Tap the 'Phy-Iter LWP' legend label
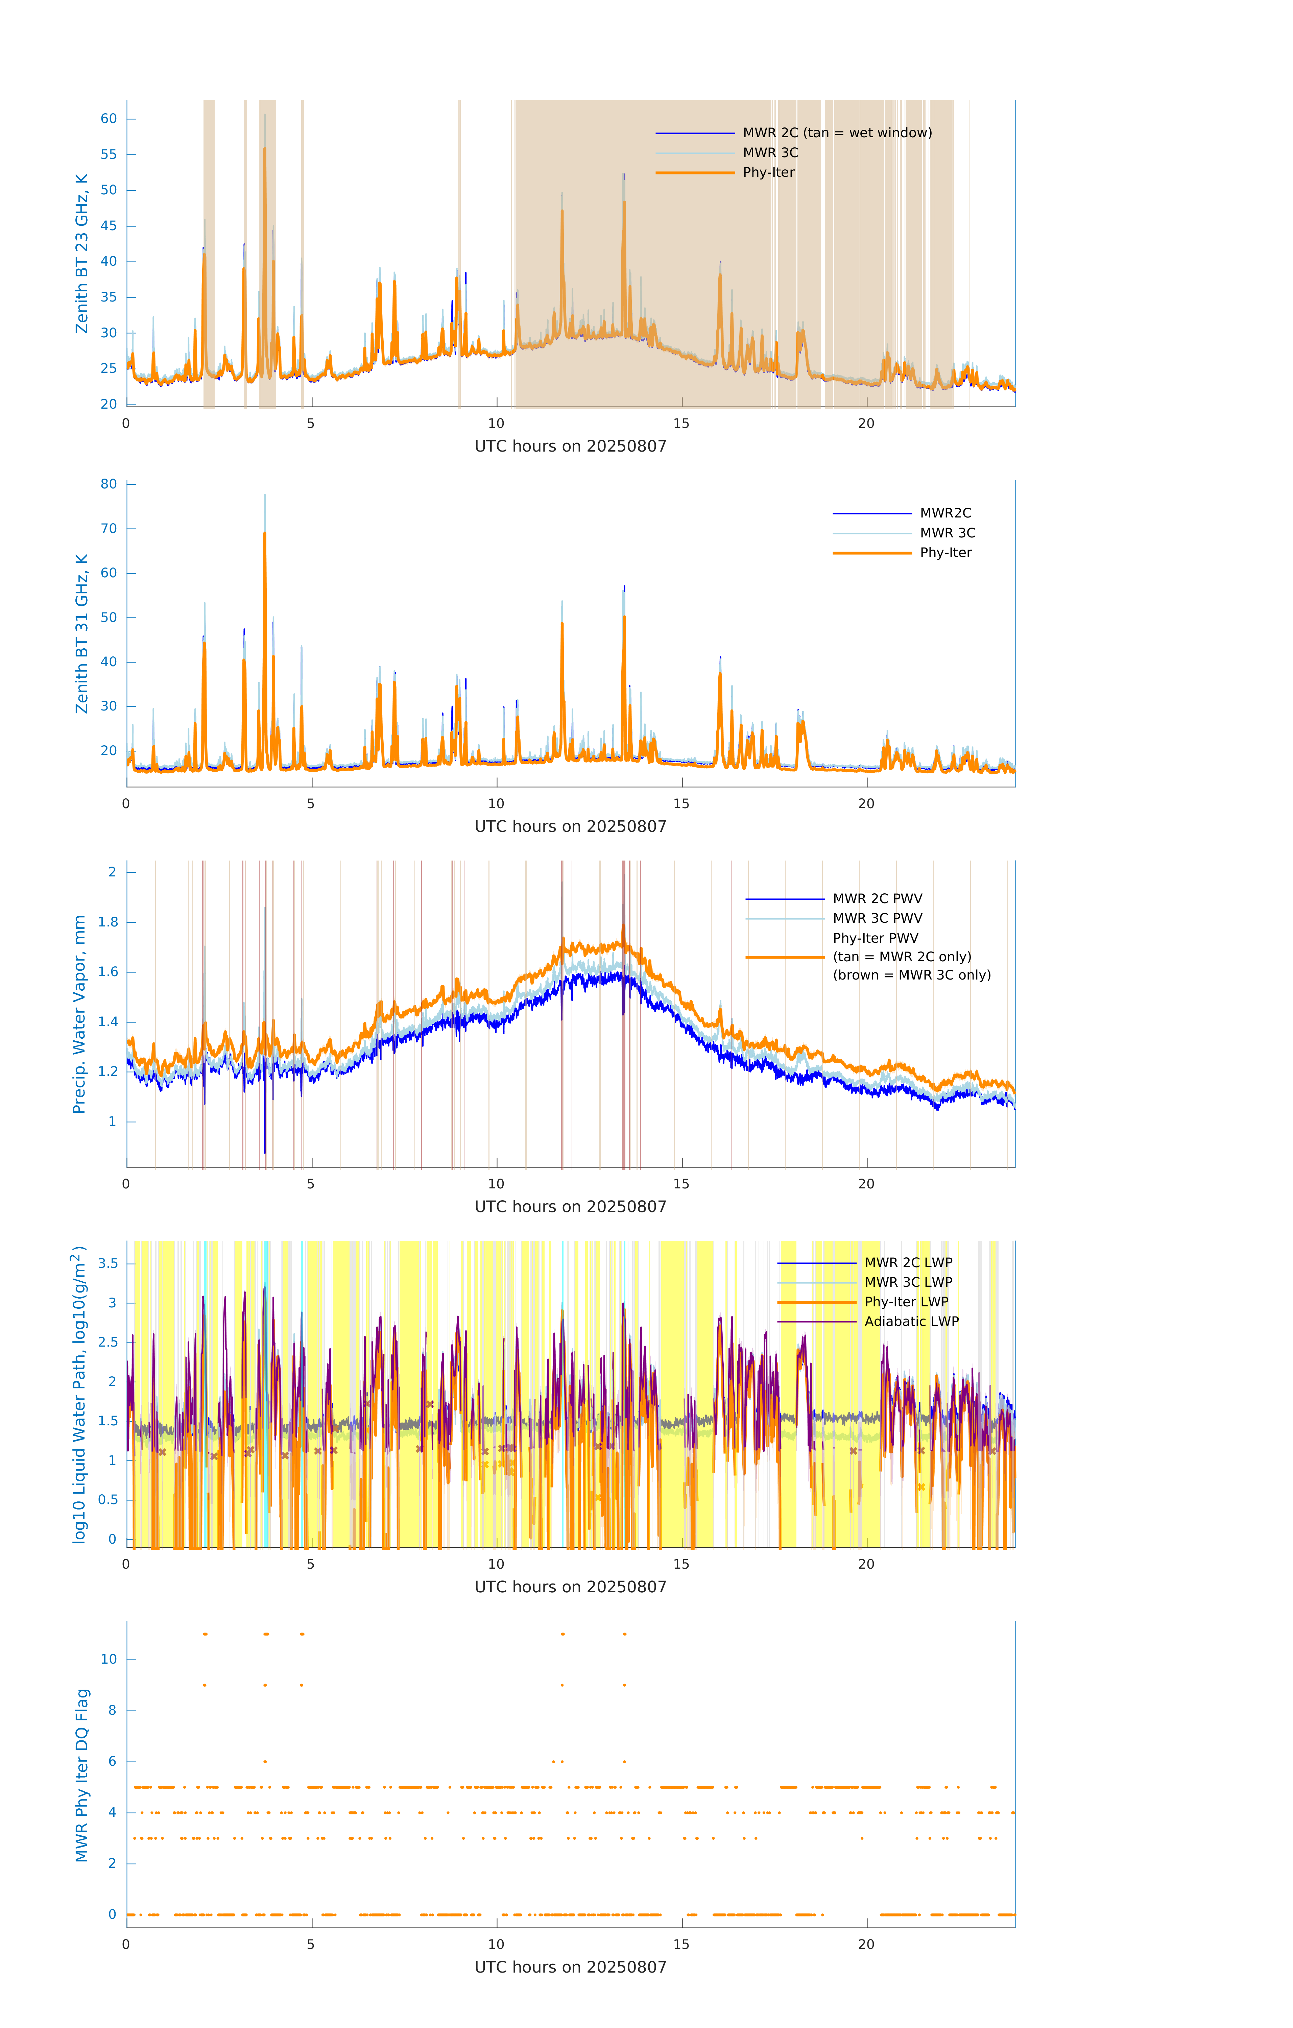pos(906,1302)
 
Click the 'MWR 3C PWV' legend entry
pos(877,918)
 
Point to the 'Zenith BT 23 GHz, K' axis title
pos(82,254)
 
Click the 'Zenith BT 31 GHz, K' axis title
pos(82,633)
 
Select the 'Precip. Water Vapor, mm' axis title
pos(79,1014)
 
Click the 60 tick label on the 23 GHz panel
pos(109,119)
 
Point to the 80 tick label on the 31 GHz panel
pos(109,484)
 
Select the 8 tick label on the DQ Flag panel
pos(112,1711)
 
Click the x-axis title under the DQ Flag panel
pos(570,1967)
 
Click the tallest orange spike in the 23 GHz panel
pos(264,150)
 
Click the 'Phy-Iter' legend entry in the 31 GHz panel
pos(945,553)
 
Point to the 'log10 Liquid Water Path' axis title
pos(79,1394)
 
